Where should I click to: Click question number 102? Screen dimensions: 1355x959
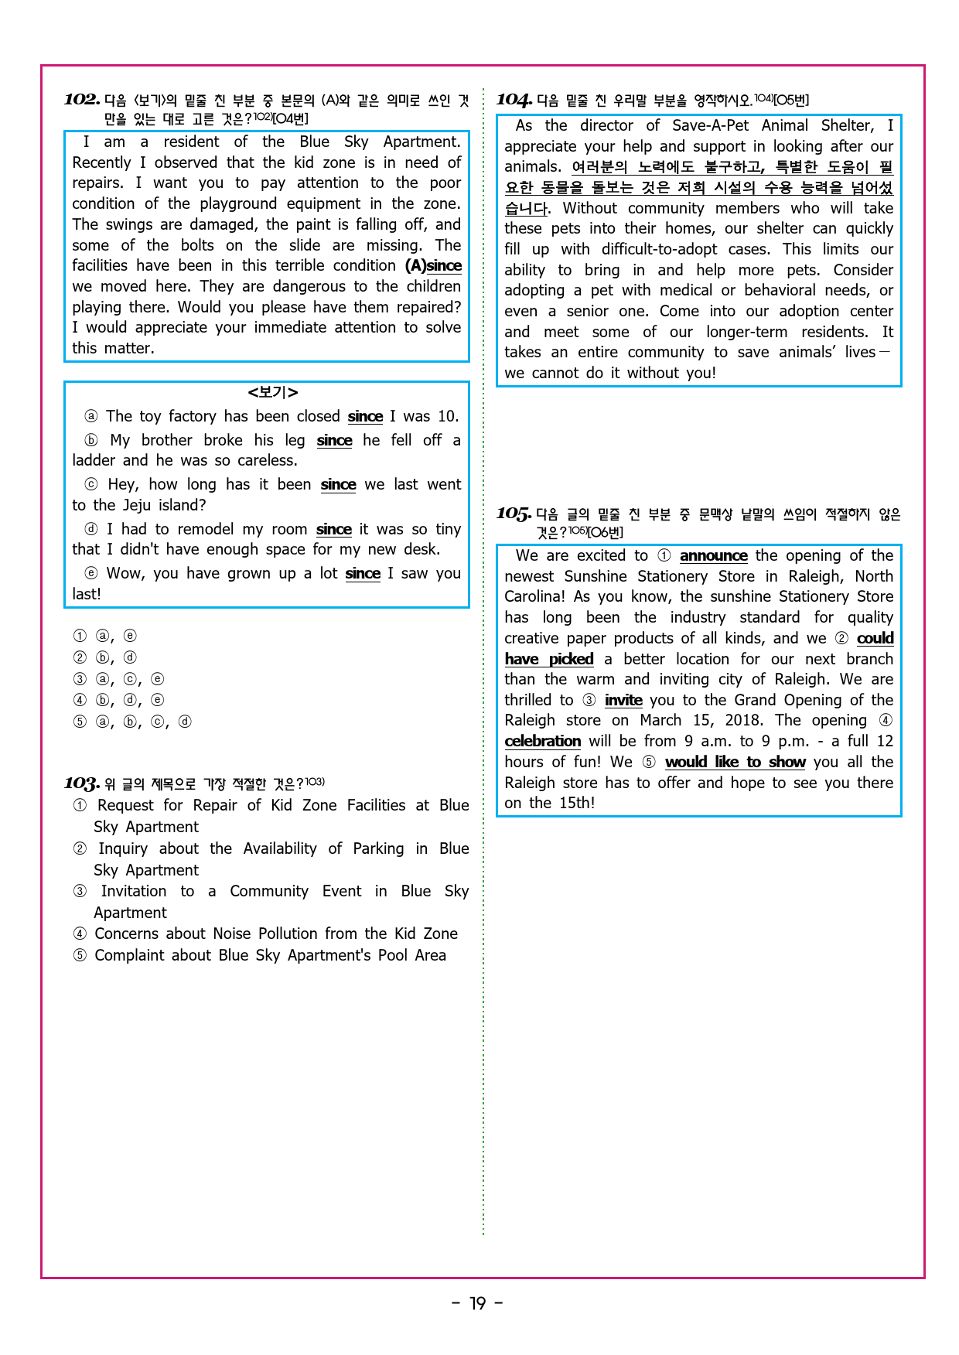[x=82, y=100]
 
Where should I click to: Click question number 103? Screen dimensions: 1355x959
[x=82, y=784]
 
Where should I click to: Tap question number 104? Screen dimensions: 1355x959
[x=514, y=100]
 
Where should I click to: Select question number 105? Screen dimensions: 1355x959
[x=514, y=514]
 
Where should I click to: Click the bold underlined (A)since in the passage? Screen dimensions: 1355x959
[x=433, y=265]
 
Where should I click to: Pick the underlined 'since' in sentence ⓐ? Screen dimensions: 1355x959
[x=365, y=416]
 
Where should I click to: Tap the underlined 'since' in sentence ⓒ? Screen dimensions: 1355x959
[x=338, y=484]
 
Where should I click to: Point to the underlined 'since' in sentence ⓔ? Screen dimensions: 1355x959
[x=363, y=573]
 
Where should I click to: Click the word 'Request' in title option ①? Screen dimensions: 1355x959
[x=126, y=805]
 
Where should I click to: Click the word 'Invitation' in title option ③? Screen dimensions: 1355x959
[x=133, y=891]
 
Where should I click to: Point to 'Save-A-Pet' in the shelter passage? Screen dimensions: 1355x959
[x=710, y=125]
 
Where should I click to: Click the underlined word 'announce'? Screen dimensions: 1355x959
[x=713, y=555]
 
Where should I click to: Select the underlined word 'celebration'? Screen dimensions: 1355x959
[x=542, y=741]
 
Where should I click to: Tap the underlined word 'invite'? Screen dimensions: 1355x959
[x=623, y=700]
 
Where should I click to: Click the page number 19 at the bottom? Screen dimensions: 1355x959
[x=478, y=1303]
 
